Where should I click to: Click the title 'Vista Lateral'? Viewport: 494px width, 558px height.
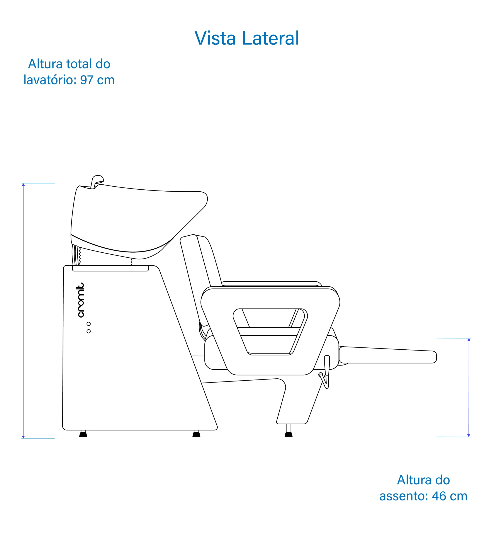[x=247, y=38]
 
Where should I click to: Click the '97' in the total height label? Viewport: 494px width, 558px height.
[x=87, y=80]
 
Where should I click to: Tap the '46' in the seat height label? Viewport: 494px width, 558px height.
[x=439, y=496]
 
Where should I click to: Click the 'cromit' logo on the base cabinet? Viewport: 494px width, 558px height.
[x=80, y=300]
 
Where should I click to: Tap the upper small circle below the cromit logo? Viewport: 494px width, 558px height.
[x=88, y=324]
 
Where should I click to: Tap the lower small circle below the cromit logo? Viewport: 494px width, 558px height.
[x=88, y=331]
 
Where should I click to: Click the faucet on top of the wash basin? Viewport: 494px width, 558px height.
[x=97, y=182]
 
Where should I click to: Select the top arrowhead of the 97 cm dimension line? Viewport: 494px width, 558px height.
[x=23, y=185]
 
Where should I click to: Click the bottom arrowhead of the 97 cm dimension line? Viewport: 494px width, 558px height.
[x=23, y=437]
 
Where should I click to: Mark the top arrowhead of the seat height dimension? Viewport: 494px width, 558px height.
[x=469, y=340]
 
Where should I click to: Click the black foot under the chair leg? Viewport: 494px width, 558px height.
[x=289, y=435]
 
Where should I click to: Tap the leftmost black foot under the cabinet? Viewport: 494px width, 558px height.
[x=83, y=435]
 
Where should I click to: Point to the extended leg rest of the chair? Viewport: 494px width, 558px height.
[x=388, y=355]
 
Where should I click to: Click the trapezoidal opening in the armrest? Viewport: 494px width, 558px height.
[x=270, y=332]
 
